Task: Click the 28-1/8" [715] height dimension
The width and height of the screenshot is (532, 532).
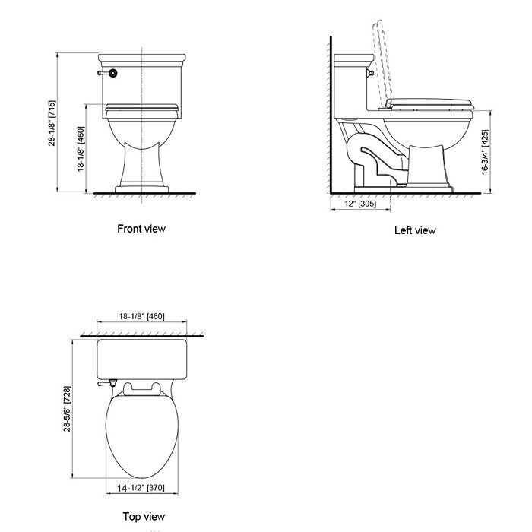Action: (x=52, y=125)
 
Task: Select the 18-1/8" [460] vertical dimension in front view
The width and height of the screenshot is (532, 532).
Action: (x=81, y=149)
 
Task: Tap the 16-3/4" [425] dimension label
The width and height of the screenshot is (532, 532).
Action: (x=485, y=152)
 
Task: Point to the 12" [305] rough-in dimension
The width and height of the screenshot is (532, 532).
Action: (x=360, y=204)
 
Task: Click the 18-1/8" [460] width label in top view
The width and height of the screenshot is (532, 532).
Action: (x=142, y=316)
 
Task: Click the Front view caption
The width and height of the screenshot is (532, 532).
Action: (x=141, y=228)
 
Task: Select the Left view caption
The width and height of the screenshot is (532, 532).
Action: (x=415, y=230)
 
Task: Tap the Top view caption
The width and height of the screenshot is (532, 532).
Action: (x=144, y=517)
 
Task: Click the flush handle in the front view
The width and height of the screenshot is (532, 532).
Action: (x=109, y=74)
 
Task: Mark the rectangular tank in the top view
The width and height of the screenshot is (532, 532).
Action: (x=142, y=360)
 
